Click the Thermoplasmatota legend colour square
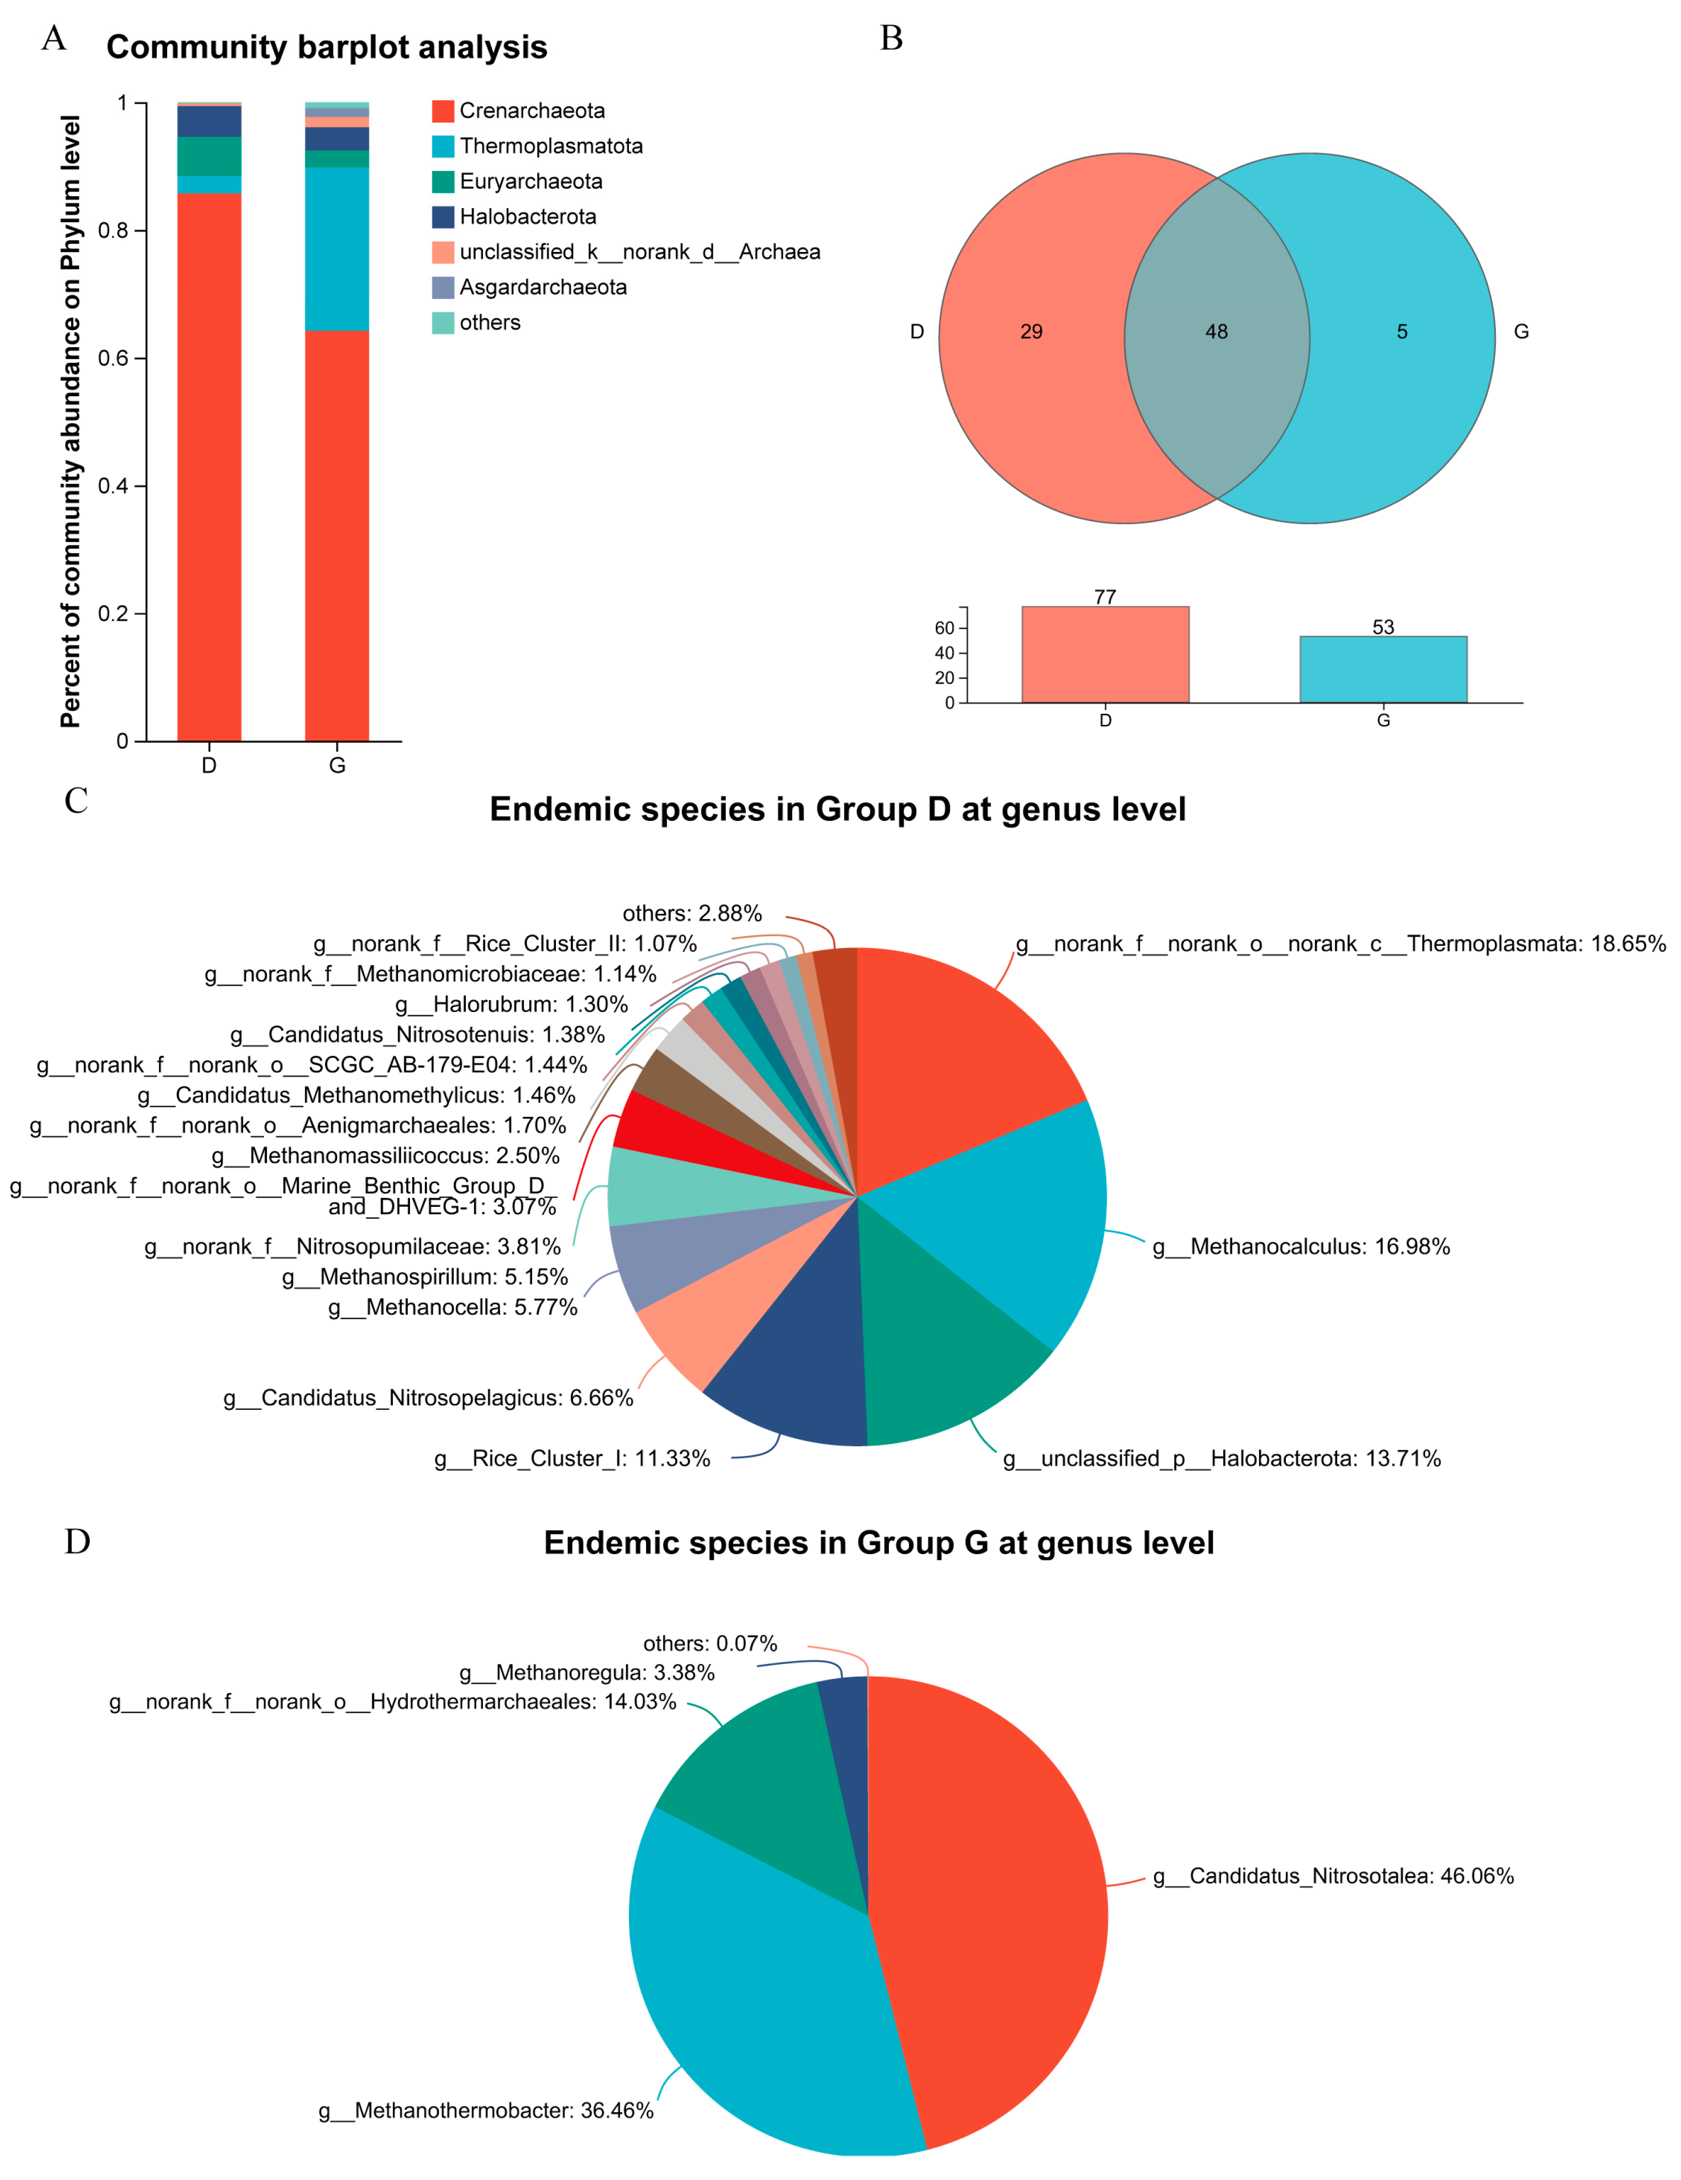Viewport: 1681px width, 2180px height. [x=442, y=146]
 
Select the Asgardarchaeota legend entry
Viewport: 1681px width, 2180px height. [x=542, y=287]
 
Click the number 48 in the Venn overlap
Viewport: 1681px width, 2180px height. [x=1216, y=331]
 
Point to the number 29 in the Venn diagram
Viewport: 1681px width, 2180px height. [x=1031, y=331]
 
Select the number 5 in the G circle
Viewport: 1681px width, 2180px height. [x=1402, y=331]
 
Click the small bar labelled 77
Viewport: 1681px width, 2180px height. [x=1105, y=655]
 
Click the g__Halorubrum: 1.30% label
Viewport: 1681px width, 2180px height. [x=511, y=1004]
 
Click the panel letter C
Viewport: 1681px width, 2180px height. [x=76, y=800]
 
